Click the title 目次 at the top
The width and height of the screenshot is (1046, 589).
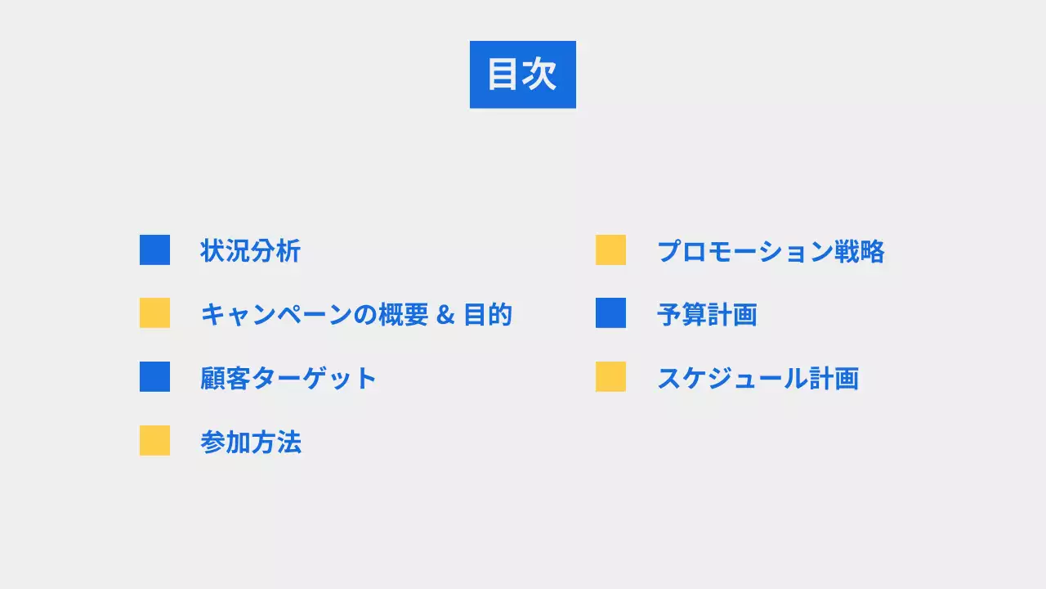(522, 74)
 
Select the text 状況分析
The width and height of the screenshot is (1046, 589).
(250, 250)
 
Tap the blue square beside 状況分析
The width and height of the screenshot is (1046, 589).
(154, 250)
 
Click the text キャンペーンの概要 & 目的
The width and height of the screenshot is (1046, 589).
(355, 314)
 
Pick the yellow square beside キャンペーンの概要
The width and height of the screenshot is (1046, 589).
(154, 312)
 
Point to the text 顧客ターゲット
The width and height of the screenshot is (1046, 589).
(288, 378)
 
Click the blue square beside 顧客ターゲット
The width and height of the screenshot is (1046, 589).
(154, 376)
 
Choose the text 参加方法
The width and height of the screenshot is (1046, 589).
(250, 442)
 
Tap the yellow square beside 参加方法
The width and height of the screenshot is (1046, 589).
(154, 440)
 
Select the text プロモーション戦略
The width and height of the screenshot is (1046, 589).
(770, 251)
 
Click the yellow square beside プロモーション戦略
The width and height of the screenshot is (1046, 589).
(610, 250)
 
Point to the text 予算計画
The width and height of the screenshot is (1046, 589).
(707, 314)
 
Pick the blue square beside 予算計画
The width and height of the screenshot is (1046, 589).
(610, 312)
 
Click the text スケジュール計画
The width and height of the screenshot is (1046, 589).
(758, 378)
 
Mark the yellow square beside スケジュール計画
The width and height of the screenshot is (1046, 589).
(610, 376)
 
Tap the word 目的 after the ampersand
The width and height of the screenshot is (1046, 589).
(488, 314)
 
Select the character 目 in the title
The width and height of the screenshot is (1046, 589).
(504, 74)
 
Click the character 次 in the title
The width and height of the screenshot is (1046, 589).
(540, 74)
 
